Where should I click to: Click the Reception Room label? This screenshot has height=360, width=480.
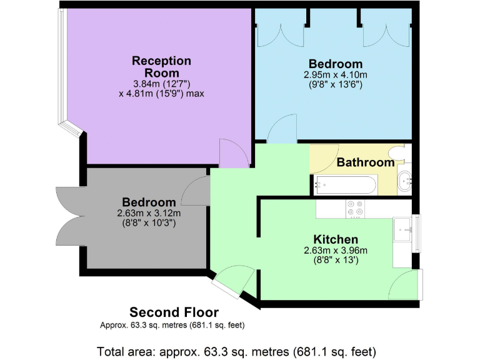(x=161, y=66)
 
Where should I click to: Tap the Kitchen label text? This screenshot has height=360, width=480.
(x=336, y=239)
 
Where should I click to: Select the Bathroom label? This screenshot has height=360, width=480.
(x=366, y=162)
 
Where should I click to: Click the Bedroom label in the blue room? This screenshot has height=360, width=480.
(x=336, y=64)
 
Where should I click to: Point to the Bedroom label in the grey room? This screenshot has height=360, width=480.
(x=149, y=202)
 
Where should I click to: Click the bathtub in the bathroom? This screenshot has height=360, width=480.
(x=346, y=184)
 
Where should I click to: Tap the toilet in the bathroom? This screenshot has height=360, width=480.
(x=397, y=152)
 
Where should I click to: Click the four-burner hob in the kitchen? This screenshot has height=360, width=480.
(x=355, y=208)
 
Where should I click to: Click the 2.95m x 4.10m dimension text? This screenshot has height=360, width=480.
(x=336, y=74)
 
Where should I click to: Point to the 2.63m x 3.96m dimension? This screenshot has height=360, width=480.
(x=336, y=251)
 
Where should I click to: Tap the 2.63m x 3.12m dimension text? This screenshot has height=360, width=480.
(x=149, y=213)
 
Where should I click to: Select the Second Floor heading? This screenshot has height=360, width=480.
(x=174, y=312)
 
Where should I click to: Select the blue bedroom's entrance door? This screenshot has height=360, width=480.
(x=282, y=129)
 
